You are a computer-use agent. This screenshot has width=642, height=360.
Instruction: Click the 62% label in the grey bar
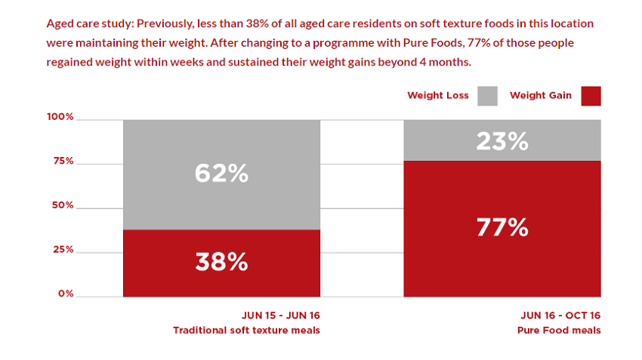click(221, 174)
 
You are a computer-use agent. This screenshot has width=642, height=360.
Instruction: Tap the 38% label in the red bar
click(221, 262)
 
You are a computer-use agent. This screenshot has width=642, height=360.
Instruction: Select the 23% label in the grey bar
click(502, 140)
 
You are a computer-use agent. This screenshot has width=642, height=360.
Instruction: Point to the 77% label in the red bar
click(502, 227)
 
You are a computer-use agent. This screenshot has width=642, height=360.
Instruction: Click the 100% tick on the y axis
click(60, 117)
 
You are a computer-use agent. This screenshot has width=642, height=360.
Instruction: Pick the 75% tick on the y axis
click(62, 161)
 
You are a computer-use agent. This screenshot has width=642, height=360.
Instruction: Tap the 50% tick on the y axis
click(62, 205)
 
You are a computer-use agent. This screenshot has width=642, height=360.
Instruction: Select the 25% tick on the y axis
click(62, 249)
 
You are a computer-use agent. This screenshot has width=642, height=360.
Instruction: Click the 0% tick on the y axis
click(65, 294)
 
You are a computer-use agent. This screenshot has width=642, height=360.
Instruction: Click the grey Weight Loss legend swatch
click(487, 96)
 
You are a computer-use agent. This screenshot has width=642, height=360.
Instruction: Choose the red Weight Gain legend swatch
click(591, 96)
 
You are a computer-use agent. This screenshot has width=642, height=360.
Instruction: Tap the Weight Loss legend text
click(438, 96)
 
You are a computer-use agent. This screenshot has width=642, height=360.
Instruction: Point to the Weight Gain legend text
click(541, 96)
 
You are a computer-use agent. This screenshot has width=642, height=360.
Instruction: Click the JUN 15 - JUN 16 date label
click(282, 315)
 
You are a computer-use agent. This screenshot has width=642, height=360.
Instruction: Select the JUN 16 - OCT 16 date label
click(560, 315)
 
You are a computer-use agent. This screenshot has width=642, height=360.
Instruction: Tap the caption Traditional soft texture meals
click(246, 331)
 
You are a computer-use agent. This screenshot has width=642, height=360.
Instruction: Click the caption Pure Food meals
click(559, 331)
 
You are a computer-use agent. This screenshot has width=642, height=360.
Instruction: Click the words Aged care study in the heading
click(88, 23)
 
